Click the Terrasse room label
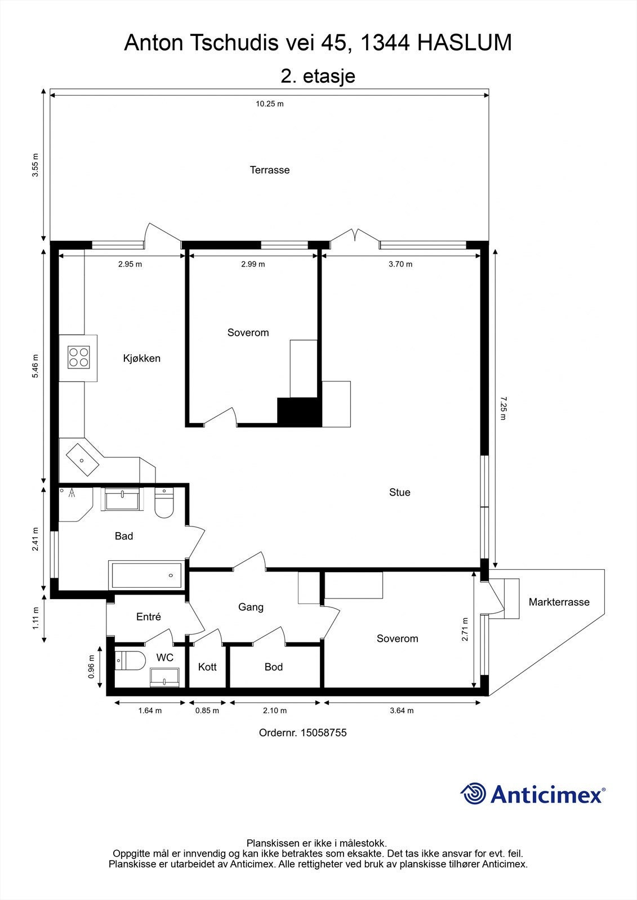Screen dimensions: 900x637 coord(270,170)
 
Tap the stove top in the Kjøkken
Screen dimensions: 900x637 coord(79,357)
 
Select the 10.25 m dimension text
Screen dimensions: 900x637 coord(269,103)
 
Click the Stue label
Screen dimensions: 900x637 coord(399,492)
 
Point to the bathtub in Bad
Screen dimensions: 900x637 coord(147,575)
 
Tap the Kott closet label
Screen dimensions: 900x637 coord(207,667)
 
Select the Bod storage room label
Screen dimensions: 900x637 coord(274,667)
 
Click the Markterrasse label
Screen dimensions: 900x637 coord(559,602)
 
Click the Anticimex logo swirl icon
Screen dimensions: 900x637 coord(473,794)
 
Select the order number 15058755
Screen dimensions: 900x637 coord(324,732)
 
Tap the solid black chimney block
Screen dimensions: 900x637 coord(299,412)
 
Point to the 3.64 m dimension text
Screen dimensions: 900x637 coord(402,710)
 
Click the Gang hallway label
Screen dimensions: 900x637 coord(251,607)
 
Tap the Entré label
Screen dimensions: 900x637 coord(149,617)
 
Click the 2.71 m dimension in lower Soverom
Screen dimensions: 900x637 coord(465,630)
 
